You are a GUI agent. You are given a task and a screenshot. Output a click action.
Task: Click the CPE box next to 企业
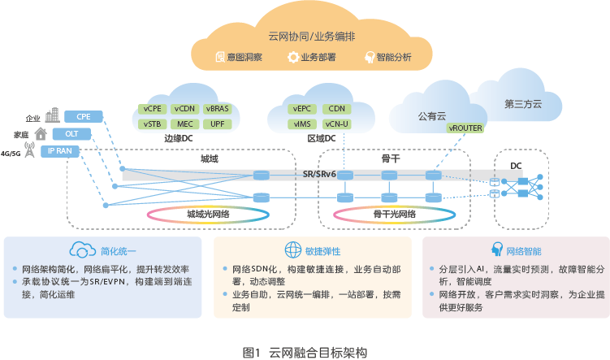(84, 116)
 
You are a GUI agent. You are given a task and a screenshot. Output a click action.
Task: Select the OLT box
(84, 133)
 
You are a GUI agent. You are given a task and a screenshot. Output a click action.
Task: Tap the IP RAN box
(84, 150)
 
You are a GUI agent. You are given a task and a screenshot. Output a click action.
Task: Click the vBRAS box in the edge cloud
(218, 108)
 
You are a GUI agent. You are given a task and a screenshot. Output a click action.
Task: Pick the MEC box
(186, 124)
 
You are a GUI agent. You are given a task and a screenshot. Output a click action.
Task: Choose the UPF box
(218, 124)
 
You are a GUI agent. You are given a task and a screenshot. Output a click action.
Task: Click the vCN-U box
(335, 124)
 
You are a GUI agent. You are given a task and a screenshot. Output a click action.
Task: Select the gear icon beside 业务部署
(293, 57)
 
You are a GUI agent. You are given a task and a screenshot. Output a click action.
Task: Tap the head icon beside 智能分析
(370, 57)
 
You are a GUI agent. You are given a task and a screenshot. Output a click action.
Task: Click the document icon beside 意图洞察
(219, 57)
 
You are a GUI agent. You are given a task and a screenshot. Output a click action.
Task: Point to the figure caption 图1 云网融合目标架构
(305, 352)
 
